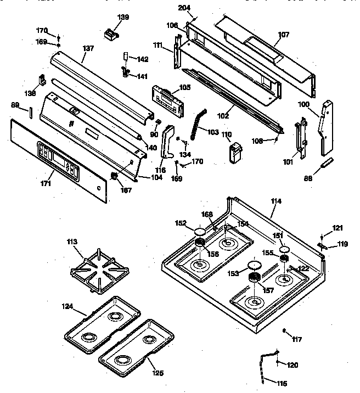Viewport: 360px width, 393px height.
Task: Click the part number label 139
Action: (123, 18)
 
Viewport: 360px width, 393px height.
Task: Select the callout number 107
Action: (283, 35)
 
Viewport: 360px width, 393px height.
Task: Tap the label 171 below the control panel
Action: (47, 183)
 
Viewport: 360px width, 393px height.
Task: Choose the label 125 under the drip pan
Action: (158, 373)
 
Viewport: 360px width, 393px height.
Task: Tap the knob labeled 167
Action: (115, 176)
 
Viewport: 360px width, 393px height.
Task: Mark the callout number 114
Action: (276, 201)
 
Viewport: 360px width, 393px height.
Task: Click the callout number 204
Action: (185, 8)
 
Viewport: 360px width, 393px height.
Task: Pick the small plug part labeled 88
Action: (327, 162)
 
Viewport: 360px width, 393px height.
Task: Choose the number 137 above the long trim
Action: (88, 48)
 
